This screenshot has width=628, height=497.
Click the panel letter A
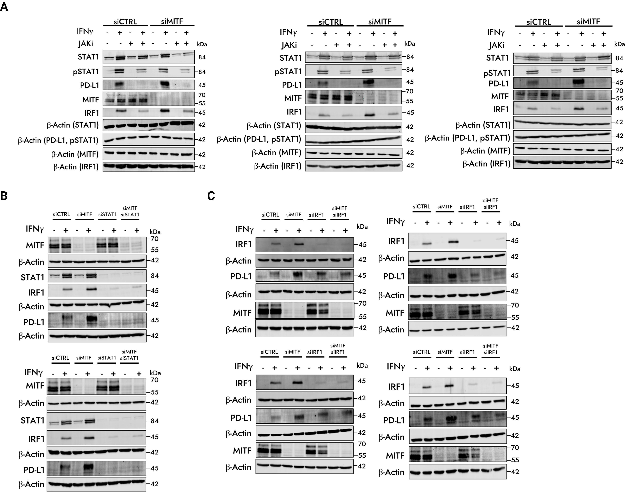coord(4,6)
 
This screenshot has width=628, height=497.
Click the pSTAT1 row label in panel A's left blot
coord(86,72)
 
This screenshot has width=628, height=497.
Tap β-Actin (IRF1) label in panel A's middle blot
coord(278,166)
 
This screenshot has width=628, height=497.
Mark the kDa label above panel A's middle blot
coord(410,44)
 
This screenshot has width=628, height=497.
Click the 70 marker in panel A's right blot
coord(619,91)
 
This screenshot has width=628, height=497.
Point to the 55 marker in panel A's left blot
coord(202,103)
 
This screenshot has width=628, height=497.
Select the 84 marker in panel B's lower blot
coord(155,421)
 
